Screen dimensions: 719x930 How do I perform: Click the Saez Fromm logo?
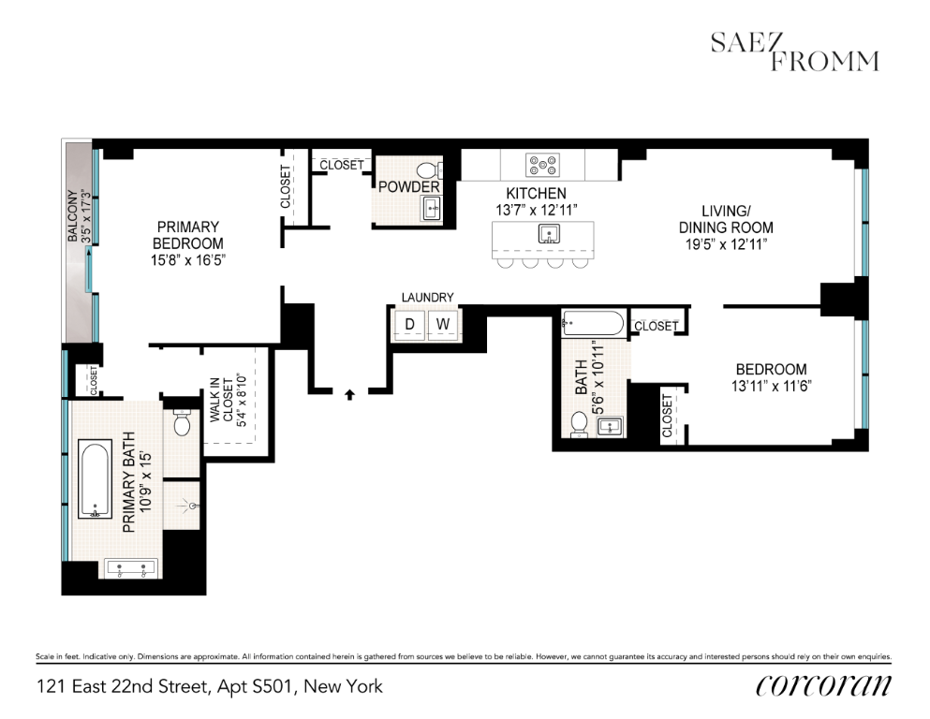pyautogui.click(x=793, y=51)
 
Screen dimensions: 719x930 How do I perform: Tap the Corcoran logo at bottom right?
pyautogui.click(x=823, y=686)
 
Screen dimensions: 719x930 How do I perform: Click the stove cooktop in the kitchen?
pyautogui.click(x=542, y=167)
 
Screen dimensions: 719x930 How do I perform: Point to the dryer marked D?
pyautogui.click(x=408, y=325)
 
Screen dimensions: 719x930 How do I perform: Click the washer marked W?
pyautogui.click(x=445, y=325)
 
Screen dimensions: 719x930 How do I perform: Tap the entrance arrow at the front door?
pyautogui.click(x=350, y=394)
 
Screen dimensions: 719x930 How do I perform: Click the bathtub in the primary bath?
pyautogui.click(x=95, y=478)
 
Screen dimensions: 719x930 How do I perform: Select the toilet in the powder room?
pyautogui.click(x=428, y=171)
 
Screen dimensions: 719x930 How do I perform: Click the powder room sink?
pyautogui.click(x=432, y=207)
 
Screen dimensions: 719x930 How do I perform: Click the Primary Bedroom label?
pyautogui.click(x=188, y=234)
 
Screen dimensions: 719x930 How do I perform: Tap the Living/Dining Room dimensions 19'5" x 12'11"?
pyautogui.click(x=726, y=243)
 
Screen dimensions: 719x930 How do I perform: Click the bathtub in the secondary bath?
pyautogui.click(x=592, y=325)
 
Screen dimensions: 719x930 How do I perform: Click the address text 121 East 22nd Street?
pyautogui.click(x=210, y=687)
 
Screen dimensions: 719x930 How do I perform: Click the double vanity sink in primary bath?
pyautogui.click(x=128, y=567)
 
